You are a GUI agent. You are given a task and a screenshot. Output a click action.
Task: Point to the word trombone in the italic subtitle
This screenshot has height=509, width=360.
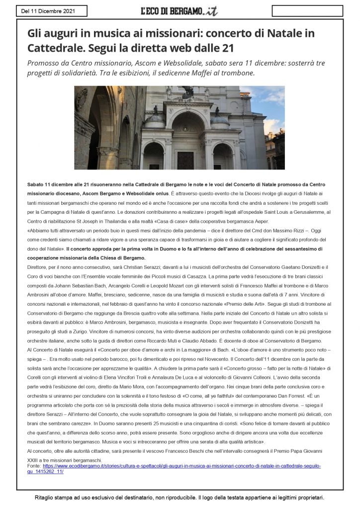coord(238,73)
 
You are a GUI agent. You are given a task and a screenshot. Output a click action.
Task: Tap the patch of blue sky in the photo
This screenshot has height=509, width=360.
coord(259,104)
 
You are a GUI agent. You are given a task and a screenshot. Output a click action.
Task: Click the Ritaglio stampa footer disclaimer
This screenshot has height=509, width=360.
coord(180,497)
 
